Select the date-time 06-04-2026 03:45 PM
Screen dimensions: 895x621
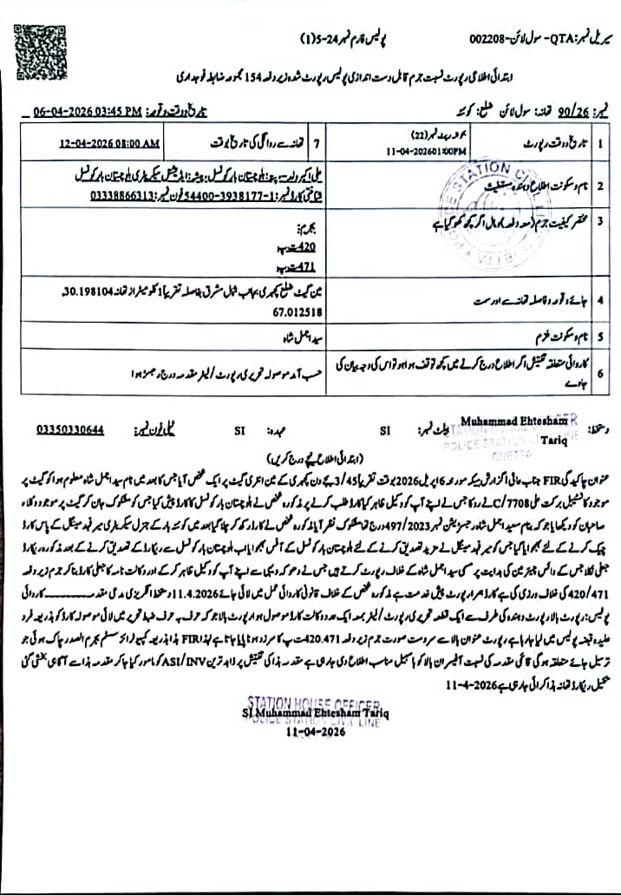point(87,112)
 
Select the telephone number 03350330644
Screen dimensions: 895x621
point(70,428)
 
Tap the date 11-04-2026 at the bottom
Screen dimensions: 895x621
point(316,731)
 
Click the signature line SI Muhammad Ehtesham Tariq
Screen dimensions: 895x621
point(316,713)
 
